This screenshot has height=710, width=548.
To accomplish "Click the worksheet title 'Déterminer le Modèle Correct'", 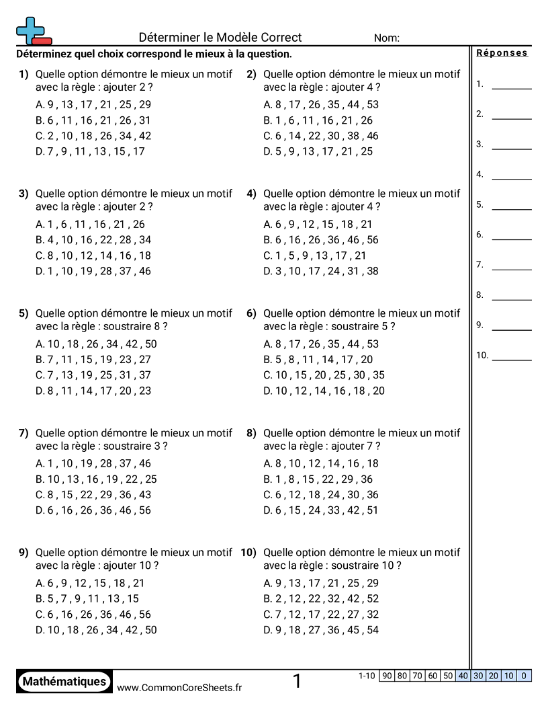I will click(x=220, y=38).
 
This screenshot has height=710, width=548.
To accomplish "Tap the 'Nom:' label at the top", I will click(x=387, y=38).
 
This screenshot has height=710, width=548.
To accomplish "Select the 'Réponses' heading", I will click(x=502, y=53).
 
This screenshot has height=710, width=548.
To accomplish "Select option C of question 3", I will click(x=93, y=255).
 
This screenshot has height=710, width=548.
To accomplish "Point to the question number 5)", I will click(x=24, y=313).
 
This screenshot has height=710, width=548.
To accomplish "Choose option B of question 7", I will click(x=96, y=479).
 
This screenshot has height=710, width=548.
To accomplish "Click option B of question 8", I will click(x=318, y=479).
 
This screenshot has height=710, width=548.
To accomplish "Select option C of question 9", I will click(x=93, y=615).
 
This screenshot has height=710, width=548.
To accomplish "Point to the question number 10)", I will click(x=249, y=553).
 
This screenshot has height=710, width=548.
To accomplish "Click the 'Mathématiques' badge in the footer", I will click(x=64, y=682).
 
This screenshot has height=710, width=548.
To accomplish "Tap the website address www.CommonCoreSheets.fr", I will click(x=179, y=687).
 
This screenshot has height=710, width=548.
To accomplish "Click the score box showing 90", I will click(x=387, y=676).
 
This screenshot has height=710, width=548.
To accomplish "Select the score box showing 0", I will click(x=524, y=676).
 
